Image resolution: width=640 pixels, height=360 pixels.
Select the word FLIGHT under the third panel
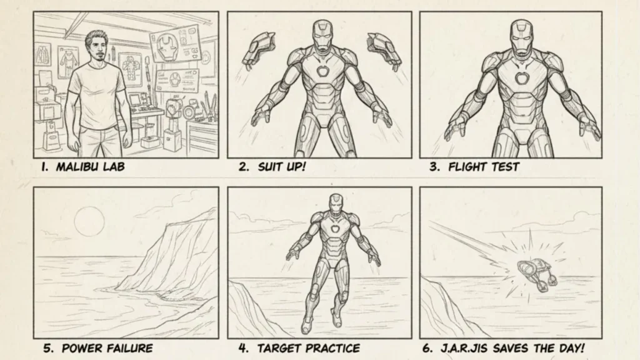468,167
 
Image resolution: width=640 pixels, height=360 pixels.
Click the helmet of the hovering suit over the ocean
334,204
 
